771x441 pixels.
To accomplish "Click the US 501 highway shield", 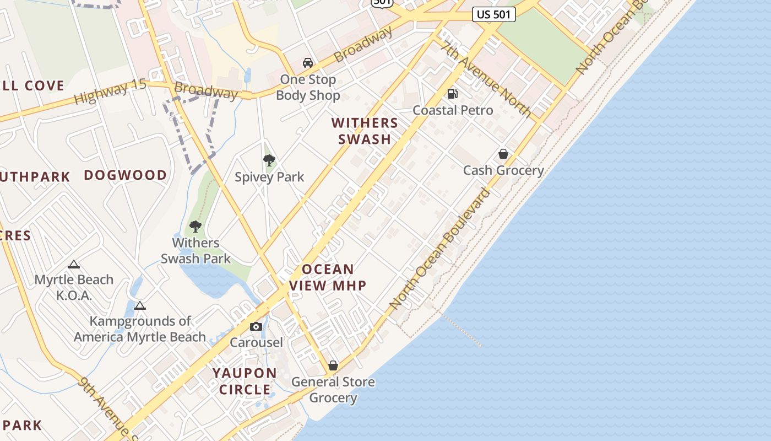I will [x=493, y=14].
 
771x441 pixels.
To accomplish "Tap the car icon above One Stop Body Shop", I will [x=308, y=63].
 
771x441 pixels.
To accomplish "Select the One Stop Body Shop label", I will [x=308, y=87].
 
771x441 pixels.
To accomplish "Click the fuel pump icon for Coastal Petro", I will [x=453, y=94].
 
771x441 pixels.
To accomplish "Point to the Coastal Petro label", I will [x=453, y=110].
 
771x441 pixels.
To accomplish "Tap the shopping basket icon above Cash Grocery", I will [x=503, y=154].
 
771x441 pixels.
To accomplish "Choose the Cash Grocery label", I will [x=503, y=170].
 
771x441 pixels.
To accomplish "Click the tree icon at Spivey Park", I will [x=269, y=160].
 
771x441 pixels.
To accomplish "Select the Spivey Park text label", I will [x=269, y=177].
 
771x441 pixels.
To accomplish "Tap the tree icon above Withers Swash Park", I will [x=196, y=226].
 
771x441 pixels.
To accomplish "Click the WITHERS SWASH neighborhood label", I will [x=365, y=131].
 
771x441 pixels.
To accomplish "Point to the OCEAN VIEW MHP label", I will [x=328, y=277].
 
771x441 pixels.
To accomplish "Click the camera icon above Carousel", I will [x=256, y=327].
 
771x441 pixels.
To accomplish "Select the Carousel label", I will [x=256, y=342].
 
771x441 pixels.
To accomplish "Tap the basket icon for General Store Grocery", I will [x=333, y=365].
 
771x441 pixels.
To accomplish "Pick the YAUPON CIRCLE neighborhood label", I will [x=245, y=381].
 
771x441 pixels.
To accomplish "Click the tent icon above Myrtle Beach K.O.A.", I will [x=74, y=265].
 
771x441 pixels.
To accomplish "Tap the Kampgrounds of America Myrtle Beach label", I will [x=140, y=329].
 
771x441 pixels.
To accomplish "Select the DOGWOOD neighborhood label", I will [x=125, y=175].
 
